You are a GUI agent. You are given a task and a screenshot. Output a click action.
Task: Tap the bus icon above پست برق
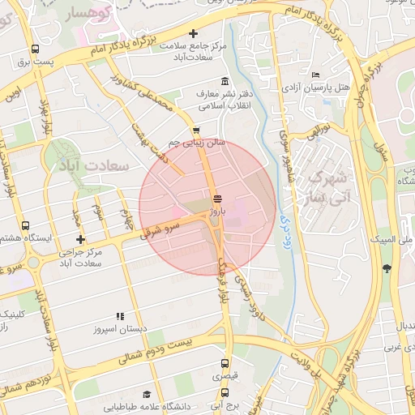coord(34,48)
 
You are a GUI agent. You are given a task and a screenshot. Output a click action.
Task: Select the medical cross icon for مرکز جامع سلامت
coord(193,33)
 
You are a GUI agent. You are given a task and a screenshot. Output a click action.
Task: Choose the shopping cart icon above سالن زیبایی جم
coord(195,130)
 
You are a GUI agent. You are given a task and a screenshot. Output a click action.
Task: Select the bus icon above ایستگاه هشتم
coord(25,226)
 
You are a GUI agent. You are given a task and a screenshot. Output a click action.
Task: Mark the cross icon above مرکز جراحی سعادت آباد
coord(79,239)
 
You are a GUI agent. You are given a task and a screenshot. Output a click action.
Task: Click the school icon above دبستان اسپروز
coord(120,317)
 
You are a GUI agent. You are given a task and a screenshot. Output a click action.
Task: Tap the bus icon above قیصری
coord(225,364)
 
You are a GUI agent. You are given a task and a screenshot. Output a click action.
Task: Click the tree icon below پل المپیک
coord(387,267)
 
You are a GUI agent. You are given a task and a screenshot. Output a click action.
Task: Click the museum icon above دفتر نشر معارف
coord(224,83)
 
